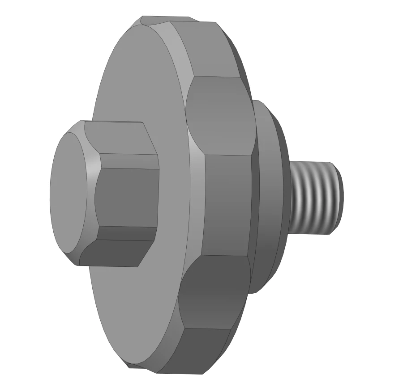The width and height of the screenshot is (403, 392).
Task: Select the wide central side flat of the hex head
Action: pyautogui.click(x=128, y=197)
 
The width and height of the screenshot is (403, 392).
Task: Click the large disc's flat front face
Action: pyautogui.click(x=134, y=89)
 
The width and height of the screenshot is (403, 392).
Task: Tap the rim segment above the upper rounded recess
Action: pyautogui.click(x=210, y=49)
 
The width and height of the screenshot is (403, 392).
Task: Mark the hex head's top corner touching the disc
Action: pyautogui.click(x=143, y=123)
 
